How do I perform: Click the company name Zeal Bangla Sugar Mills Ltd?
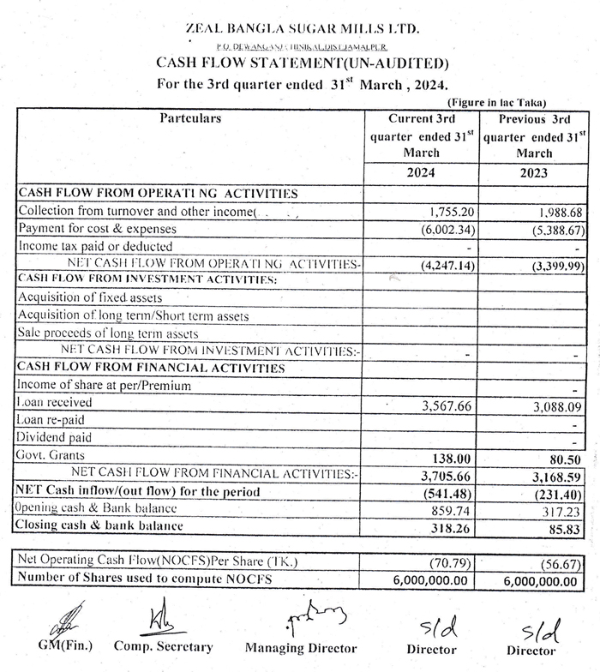click(303, 30)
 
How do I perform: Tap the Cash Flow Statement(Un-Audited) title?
click(302, 63)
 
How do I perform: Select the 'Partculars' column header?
click(190, 119)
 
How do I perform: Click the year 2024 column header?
click(421, 172)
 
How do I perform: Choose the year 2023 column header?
click(533, 172)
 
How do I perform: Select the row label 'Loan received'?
click(51, 403)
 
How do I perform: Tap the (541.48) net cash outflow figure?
click(448, 493)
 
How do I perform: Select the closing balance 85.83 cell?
click(567, 525)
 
